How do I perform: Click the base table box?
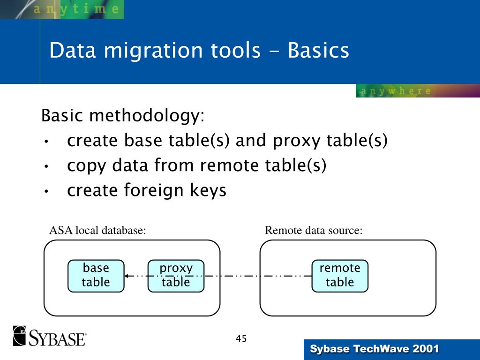pos(96,276)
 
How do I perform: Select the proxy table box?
pos(176,276)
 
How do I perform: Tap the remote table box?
pos(340,276)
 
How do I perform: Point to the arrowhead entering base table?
pos(127,276)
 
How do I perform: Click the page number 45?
pos(241,339)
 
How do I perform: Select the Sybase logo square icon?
pos(20,336)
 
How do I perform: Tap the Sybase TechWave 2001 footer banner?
pos(375,349)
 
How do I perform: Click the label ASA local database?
pos(97,231)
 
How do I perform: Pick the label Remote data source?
pos(314,231)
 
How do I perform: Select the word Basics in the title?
pos(319,51)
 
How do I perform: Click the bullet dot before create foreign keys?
pos(46,192)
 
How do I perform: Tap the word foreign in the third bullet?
pos(157,191)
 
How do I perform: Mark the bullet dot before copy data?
pos(46,166)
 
